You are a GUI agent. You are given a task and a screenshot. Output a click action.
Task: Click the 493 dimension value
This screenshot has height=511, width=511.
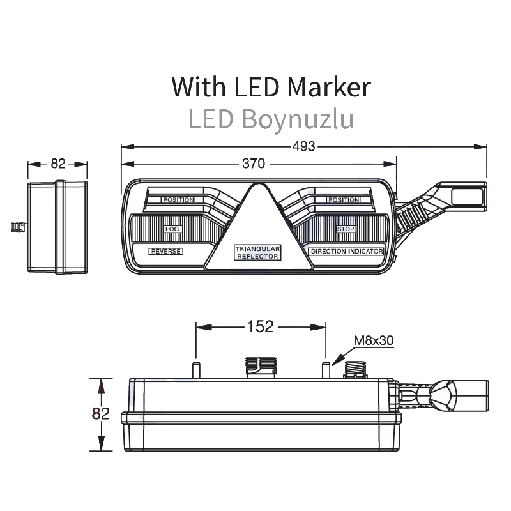coord(304,146)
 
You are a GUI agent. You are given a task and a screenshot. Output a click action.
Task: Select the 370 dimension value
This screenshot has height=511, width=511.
coord(254,164)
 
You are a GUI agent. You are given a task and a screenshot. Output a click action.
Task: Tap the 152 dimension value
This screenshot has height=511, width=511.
coord(260,326)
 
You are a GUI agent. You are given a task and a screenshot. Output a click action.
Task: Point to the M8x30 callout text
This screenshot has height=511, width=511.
coord(374,340)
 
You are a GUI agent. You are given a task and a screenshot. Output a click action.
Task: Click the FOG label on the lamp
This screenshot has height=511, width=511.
coord(172,229)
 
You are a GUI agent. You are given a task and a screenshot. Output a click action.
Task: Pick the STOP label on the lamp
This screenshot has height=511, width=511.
coord(346,229)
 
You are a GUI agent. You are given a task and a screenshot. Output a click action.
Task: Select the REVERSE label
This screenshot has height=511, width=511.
coord(166,251)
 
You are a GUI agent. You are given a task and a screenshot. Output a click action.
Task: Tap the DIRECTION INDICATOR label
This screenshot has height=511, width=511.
coord(346,251)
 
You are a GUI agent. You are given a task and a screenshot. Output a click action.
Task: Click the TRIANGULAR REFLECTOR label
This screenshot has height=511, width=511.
coord(257,252)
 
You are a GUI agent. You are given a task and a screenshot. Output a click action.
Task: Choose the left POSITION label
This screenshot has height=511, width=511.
coord(179,199)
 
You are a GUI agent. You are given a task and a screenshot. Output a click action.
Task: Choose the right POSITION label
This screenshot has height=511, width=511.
coord(344,199)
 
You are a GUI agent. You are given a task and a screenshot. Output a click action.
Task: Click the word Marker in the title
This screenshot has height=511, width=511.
coord(329,87)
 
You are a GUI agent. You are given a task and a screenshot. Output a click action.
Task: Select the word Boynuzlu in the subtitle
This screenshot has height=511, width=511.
coord(298,120)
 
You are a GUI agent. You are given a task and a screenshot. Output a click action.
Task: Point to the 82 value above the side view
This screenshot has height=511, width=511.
coord(58,164)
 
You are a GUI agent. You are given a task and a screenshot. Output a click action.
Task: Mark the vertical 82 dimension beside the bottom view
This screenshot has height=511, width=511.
coord(100,413)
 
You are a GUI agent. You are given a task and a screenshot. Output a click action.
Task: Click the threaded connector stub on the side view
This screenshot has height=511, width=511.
coord(19,227)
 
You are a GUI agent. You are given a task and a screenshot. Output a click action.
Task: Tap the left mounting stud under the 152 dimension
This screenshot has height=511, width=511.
coord(196,370)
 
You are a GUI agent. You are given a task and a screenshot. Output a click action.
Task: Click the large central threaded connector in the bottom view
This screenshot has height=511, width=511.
coord(261,367)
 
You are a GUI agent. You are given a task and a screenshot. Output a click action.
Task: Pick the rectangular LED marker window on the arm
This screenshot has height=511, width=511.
coord(466,197)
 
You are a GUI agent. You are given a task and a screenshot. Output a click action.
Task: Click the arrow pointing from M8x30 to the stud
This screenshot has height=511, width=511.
coord(342,356)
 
